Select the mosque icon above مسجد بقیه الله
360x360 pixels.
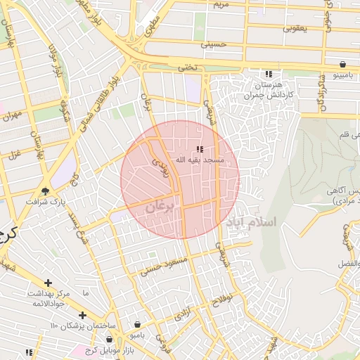[x=200, y=149]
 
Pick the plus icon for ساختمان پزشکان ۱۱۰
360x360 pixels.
[x=83, y=315]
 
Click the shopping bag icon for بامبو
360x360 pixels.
[x=136, y=326]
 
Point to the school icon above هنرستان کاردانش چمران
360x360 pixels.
[x=268, y=74]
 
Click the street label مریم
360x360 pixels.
[x=221, y=5]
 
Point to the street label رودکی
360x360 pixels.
[x=160, y=167]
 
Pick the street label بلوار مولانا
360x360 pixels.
[x=53, y=60]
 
